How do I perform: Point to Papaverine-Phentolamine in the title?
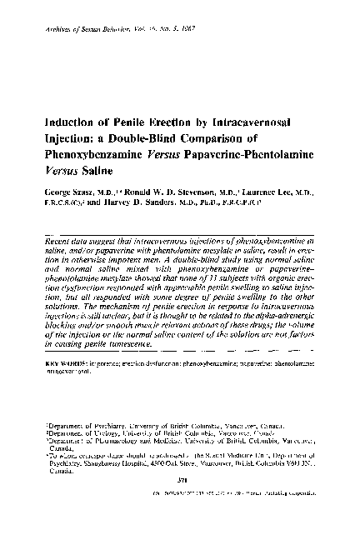click(x=263, y=155)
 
